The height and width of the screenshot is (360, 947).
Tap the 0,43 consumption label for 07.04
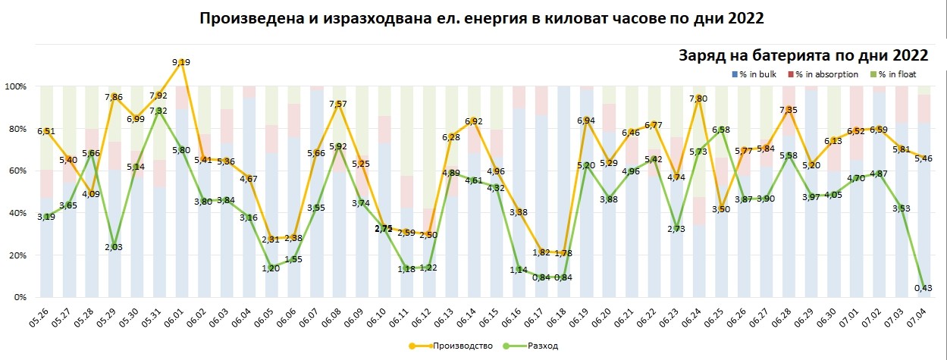tap(920, 288)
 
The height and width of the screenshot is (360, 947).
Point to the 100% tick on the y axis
tap(15, 86)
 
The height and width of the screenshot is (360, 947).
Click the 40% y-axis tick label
tap(17, 213)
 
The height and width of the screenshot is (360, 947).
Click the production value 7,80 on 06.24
tap(698, 99)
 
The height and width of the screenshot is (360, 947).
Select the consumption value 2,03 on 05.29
tap(114, 247)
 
